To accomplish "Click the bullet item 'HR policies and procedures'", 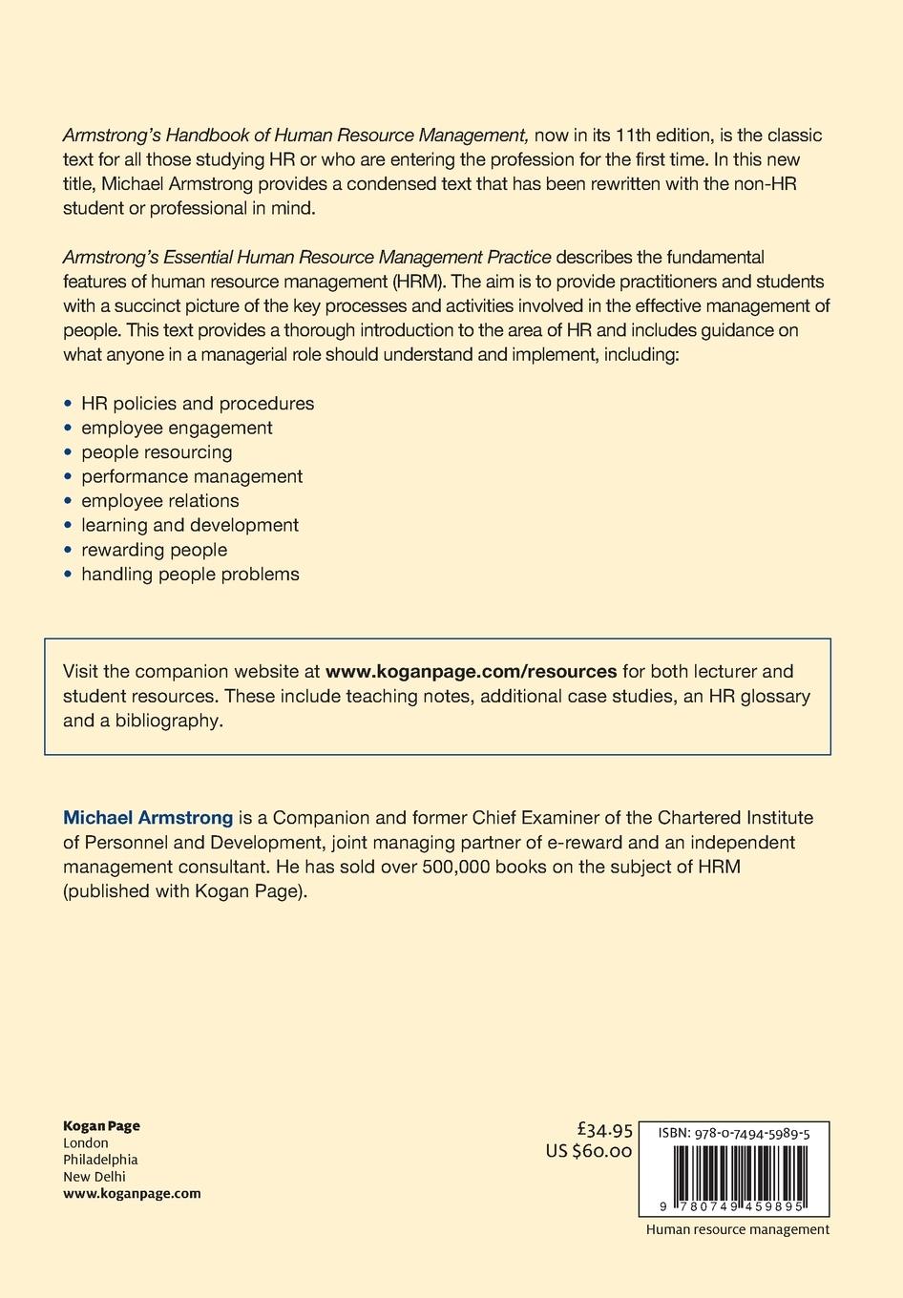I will click(198, 404).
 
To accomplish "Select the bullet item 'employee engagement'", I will click(177, 428).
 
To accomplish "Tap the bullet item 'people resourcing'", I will click(157, 452).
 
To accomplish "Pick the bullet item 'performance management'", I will click(192, 476).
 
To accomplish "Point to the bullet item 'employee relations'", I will click(160, 501).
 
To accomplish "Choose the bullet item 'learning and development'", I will click(190, 525).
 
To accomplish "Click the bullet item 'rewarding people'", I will click(155, 550).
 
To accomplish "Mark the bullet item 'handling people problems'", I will click(190, 574).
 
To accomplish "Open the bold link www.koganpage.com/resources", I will click(471, 671).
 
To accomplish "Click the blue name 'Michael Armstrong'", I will click(148, 818).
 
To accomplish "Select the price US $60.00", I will click(589, 1152).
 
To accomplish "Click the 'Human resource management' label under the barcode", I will click(737, 1229).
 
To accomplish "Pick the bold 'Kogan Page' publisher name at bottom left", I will click(101, 1126).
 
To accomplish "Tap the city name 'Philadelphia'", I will click(100, 1160).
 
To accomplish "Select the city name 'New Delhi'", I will click(94, 1177).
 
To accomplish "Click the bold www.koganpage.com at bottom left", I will click(132, 1194).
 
